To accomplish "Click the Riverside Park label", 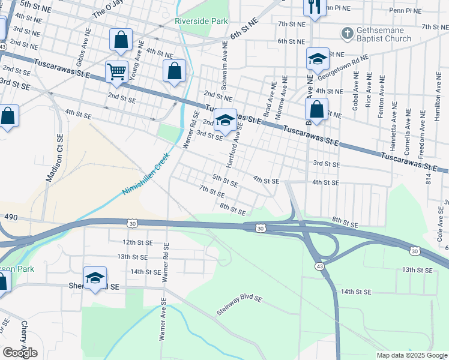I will tap(201, 21).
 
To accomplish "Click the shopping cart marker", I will tap(117, 71).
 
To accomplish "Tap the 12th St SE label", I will tap(135, 242).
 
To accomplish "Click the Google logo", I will tap(20, 352).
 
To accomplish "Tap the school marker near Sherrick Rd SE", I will tap(95, 278).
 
